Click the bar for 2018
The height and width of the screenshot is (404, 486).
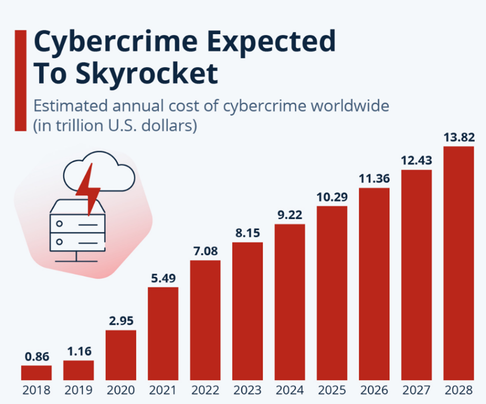coord(36,372)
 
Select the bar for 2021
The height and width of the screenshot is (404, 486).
coord(163,333)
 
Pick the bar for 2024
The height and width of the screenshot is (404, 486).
coord(290,302)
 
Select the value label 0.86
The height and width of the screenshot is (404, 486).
coord(36,356)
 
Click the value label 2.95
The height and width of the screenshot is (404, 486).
coord(121,321)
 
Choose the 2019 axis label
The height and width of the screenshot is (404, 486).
coord(79,391)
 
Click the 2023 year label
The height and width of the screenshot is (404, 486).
coord(248,391)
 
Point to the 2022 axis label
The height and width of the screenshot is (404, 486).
coord(205,391)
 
